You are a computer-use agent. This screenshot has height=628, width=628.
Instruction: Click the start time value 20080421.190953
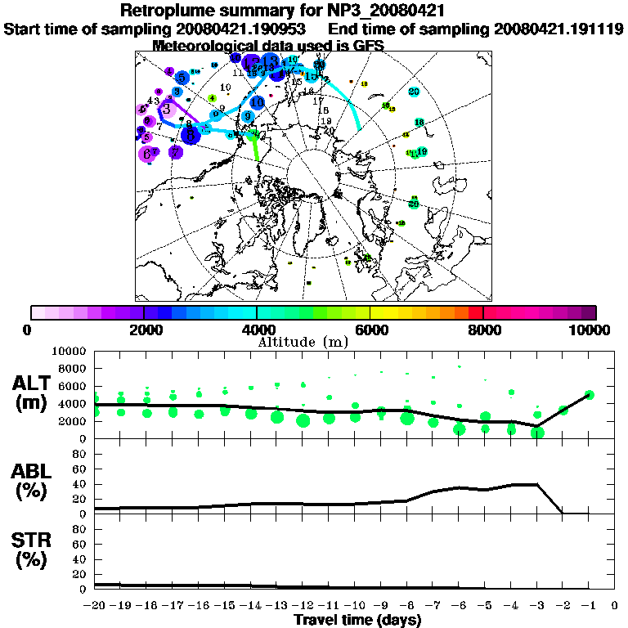pos(241,29)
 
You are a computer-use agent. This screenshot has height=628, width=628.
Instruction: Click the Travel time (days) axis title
pos(357,620)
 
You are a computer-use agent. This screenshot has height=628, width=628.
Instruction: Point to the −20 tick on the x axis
pos(95,606)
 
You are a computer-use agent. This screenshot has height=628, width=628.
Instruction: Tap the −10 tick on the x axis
pos(355,606)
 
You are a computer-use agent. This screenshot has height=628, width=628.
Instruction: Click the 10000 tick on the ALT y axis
pos(74,351)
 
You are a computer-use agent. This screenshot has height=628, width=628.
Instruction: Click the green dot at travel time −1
pos(589,395)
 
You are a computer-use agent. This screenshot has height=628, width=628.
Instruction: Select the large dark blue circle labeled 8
pos(191,134)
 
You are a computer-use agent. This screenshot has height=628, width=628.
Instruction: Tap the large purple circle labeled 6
pos(148,154)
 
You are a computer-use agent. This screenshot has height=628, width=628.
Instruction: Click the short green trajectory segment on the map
pos(257,146)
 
